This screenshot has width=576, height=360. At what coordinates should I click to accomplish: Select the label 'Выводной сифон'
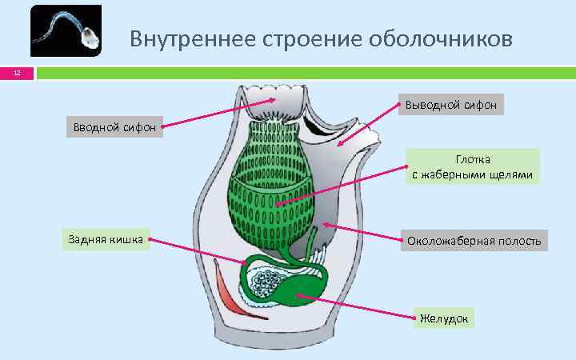point(450,105)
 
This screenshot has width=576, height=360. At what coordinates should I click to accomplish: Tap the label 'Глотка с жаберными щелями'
point(472,167)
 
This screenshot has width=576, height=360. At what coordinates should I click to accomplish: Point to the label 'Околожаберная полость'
point(474,240)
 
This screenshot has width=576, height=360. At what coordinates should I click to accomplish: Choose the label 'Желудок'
point(445,318)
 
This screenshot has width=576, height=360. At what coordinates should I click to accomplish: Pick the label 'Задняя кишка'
point(105,238)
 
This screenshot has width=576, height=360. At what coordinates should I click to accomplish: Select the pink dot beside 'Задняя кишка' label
point(150,239)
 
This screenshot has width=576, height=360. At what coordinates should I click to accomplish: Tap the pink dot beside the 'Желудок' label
point(415,318)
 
